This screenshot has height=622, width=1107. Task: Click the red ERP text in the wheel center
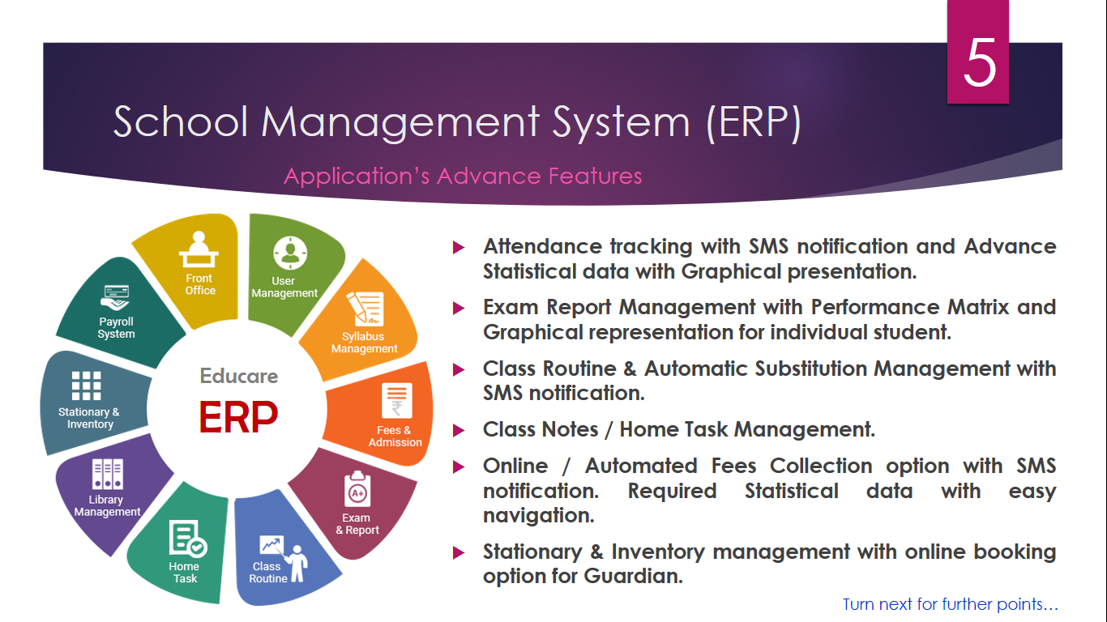(238, 417)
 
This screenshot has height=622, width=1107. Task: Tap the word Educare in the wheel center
(239, 376)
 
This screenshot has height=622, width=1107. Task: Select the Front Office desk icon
(199, 249)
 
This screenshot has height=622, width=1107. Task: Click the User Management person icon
(290, 253)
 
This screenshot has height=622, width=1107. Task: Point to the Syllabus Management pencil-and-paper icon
(365, 308)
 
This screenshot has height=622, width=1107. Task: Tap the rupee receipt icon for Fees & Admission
(397, 400)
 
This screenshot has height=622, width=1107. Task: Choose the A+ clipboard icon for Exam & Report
(357, 489)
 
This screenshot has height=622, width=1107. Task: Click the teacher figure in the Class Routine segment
(297, 564)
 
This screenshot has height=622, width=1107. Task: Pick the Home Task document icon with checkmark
(187, 538)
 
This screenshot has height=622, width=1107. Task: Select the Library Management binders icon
(107, 475)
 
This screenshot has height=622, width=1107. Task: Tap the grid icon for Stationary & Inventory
(87, 386)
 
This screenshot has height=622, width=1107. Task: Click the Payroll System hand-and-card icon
(115, 297)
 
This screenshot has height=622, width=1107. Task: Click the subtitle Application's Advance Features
(463, 177)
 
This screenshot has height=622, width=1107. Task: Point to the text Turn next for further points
(951, 604)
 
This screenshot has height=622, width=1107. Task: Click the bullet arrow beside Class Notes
(459, 430)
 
